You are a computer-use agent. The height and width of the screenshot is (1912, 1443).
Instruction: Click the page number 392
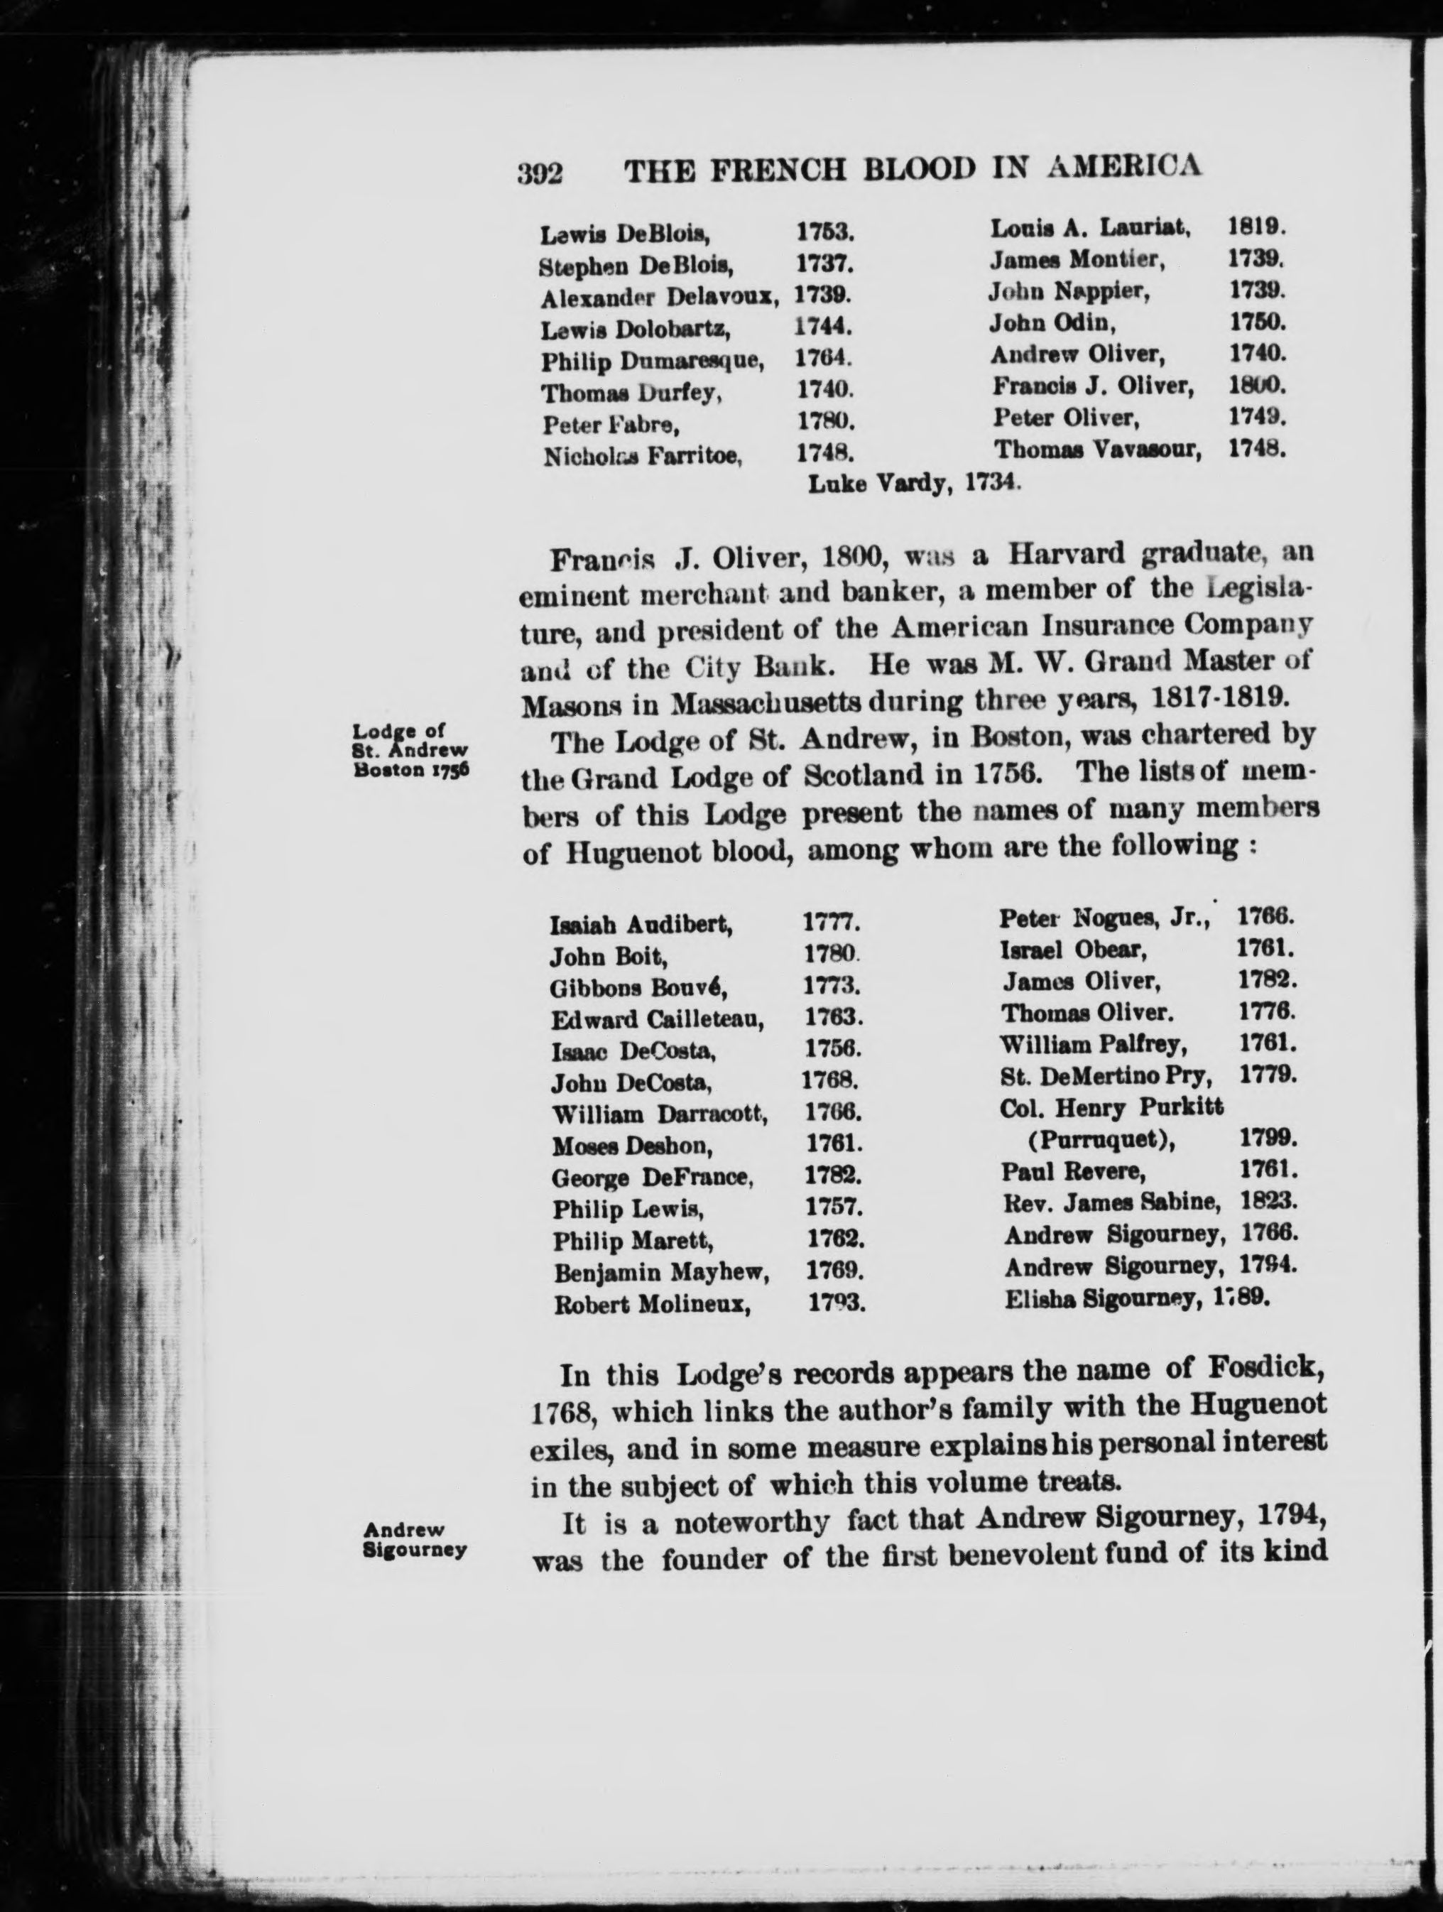coord(540,173)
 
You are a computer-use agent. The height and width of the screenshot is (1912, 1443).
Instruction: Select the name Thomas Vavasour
coord(1097,450)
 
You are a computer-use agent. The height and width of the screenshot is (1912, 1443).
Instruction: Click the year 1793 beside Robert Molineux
coord(837,1303)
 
